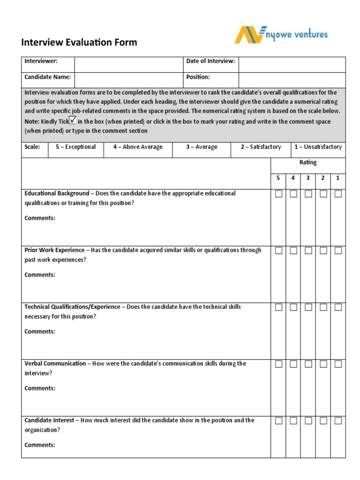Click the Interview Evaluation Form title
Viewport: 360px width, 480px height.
pyautogui.click(x=79, y=43)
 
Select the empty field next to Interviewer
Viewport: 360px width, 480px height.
pyautogui.click(x=128, y=65)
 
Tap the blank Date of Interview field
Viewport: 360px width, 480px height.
pyautogui.click(x=292, y=65)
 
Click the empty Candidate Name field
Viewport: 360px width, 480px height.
pyautogui.click(x=128, y=80)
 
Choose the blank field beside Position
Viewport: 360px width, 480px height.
pyautogui.click(x=292, y=80)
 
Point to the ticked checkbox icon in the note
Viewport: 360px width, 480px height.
pyautogui.click(x=73, y=120)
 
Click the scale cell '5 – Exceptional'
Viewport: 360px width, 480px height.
pyautogui.click(x=76, y=147)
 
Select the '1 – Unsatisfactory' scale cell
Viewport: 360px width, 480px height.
pyautogui.click(x=318, y=147)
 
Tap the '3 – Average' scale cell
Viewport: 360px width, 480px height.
pyautogui.click(x=202, y=147)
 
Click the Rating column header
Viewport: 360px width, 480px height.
pyautogui.click(x=308, y=163)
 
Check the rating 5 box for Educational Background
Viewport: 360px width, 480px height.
pyautogui.click(x=278, y=194)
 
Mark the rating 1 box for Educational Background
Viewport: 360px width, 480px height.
pyautogui.click(x=338, y=194)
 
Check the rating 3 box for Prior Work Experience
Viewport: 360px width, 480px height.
pyautogui.click(x=308, y=251)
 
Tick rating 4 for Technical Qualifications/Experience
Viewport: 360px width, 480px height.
pyautogui.click(x=293, y=307)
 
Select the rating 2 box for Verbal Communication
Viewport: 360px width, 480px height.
pyautogui.click(x=323, y=364)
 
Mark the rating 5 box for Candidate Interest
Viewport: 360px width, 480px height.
pyautogui.click(x=278, y=421)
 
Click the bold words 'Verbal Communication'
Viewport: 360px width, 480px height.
pyautogui.click(x=55, y=364)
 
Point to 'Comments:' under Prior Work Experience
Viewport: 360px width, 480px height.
pyautogui.click(x=40, y=275)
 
